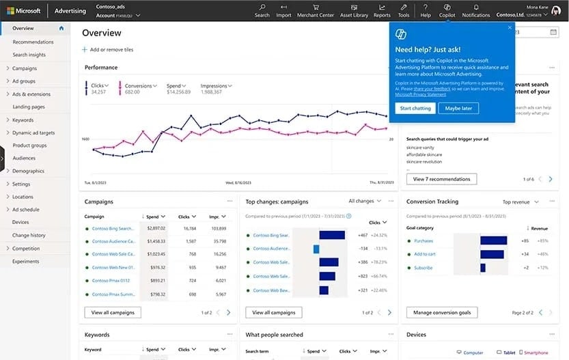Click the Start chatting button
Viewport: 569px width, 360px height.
point(415,108)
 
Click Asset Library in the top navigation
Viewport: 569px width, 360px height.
point(354,11)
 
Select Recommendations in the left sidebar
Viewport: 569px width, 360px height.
point(33,42)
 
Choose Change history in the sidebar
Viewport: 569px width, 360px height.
point(29,235)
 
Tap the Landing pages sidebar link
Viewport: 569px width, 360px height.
point(29,107)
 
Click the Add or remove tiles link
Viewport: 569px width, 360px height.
point(108,50)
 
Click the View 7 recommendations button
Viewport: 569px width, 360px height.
point(441,179)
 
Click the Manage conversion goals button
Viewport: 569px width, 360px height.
point(441,312)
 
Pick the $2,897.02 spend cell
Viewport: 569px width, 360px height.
point(155,228)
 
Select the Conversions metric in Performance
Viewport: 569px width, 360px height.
point(139,85)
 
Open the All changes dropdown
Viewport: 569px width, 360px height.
point(364,202)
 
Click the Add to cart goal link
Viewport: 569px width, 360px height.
point(425,254)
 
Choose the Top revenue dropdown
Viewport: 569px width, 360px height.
point(521,202)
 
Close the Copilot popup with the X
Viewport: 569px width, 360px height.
point(510,28)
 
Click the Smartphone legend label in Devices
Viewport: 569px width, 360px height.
point(536,353)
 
